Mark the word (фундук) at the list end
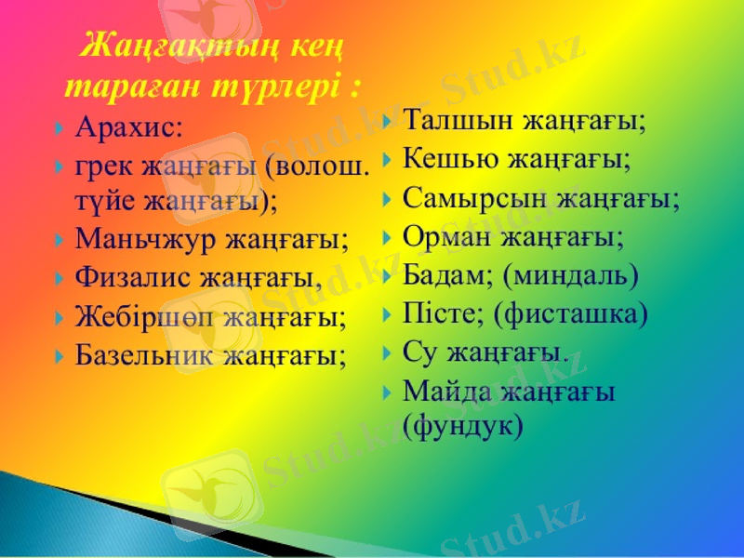click(x=463, y=426)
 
